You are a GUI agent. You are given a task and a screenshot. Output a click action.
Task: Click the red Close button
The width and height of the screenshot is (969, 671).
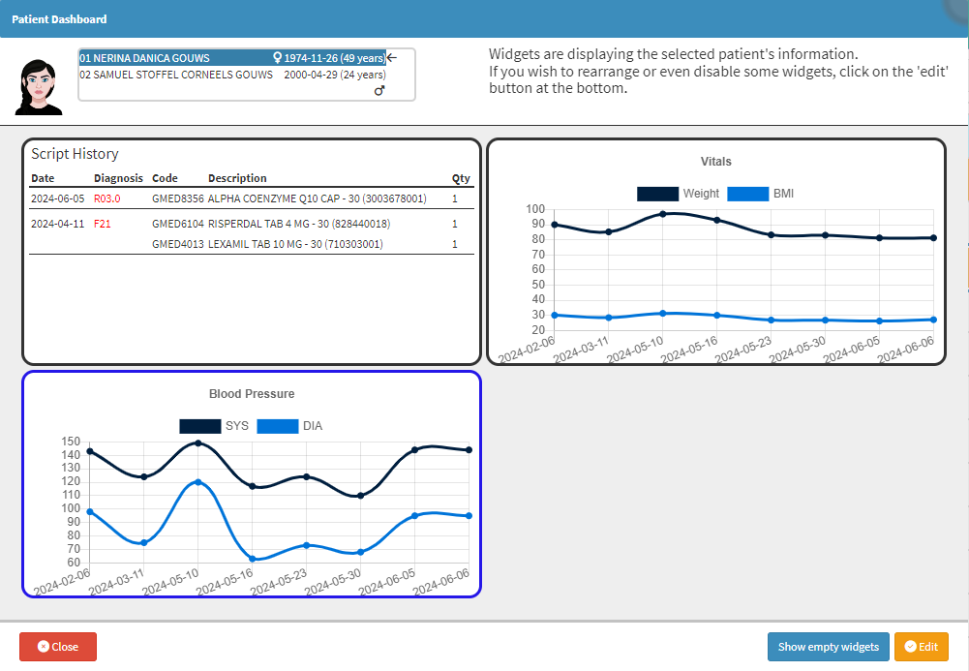58,647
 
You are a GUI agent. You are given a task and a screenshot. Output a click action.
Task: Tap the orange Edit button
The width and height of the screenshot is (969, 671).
921,647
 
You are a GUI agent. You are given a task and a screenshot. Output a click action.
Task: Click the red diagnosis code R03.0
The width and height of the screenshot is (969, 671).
106,198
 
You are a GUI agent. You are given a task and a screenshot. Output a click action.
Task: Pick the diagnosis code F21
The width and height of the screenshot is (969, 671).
103,224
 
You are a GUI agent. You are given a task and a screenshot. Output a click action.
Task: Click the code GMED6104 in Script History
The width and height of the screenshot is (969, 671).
178,224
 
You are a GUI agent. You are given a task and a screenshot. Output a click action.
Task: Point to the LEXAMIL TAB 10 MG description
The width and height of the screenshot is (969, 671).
294,244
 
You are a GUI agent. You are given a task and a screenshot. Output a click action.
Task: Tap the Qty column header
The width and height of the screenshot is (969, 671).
460,178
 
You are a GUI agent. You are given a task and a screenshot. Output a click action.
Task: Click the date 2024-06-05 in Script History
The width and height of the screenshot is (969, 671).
57,198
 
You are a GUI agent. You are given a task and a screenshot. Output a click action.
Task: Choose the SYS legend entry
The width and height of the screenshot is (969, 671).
214,426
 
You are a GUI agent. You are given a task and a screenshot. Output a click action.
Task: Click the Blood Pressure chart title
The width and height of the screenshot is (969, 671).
252,394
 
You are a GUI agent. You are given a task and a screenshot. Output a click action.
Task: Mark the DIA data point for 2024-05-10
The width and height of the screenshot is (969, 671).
198,482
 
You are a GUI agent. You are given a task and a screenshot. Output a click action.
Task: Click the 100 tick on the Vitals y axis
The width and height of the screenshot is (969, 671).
535,209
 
